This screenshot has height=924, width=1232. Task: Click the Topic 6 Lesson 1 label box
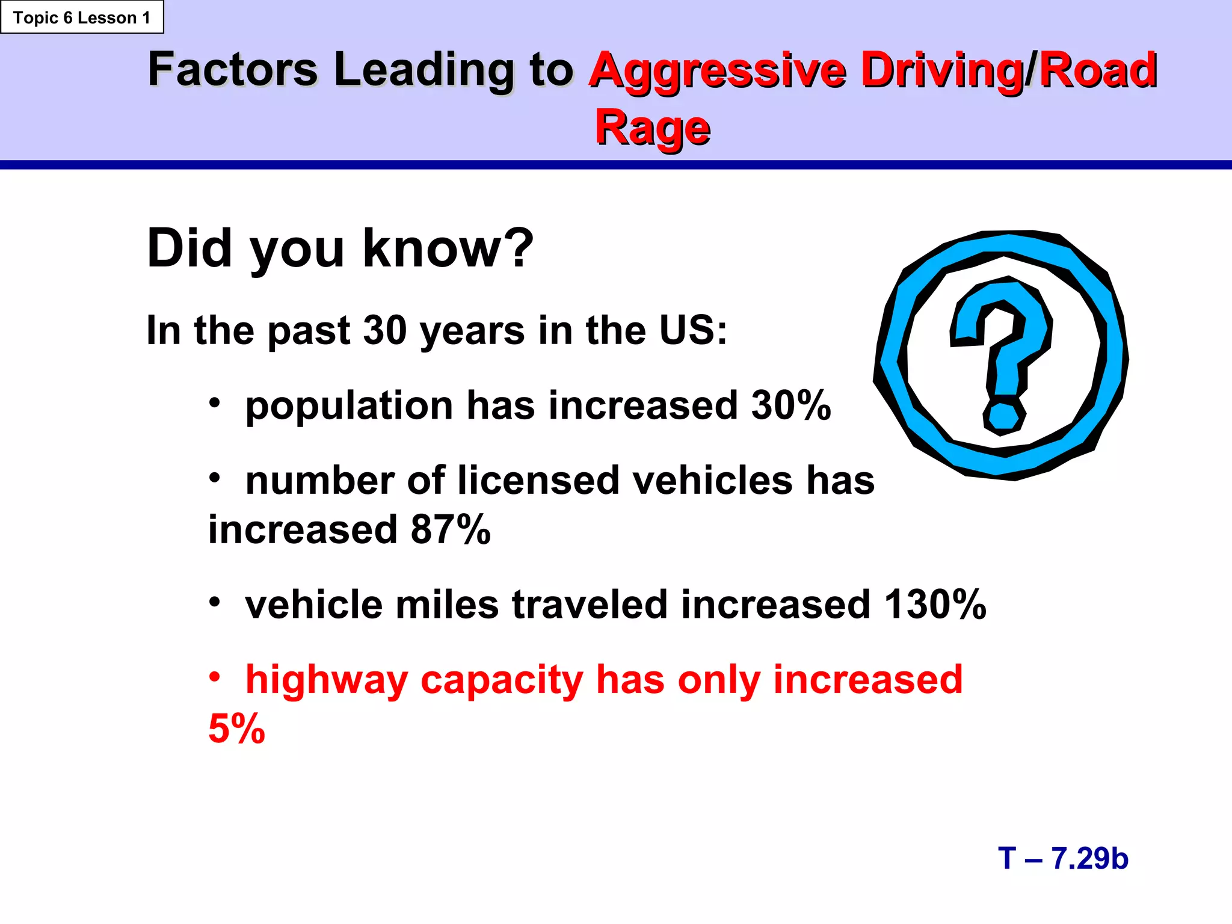(82, 17)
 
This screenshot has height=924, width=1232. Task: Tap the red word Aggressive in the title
(717, 71)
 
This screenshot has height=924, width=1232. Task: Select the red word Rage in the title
(652, 128)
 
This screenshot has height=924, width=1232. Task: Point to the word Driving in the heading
(942, 71)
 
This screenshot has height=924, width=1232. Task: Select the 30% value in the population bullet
(790, 405)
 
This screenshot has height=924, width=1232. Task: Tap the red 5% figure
(236, 728)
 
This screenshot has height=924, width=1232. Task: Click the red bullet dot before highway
(215, 677)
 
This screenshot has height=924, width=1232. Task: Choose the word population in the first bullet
(349, 406)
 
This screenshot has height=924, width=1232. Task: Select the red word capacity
(501, 681)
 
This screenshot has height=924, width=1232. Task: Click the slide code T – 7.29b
(1063, 858)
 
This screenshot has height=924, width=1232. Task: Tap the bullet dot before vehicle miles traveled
(215, 601)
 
